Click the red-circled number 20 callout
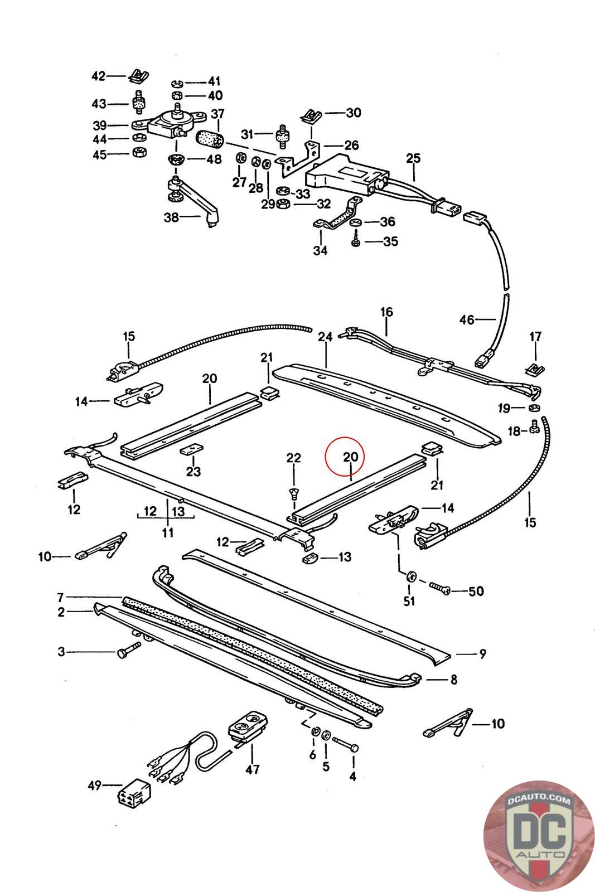(350, 457)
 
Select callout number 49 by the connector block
(95, 786)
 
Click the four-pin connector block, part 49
(134, 792)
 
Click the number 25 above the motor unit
(413, 158)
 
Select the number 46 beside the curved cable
(467, 319)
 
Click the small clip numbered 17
(535, 370)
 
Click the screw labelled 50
(439, 588)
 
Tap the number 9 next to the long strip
(482, 653)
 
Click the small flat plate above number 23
(192, 449)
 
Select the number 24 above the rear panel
(325, 337)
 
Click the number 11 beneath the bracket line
(168, 532)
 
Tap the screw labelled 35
(356, 240)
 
